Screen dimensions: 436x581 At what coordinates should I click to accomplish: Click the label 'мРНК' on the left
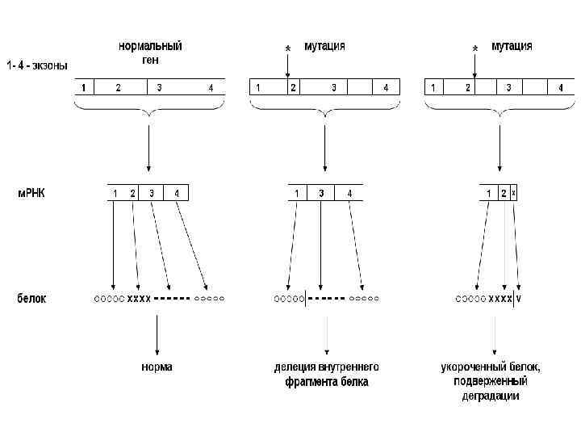(31, 194)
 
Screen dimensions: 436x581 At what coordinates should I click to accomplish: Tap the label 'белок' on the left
(31, 299)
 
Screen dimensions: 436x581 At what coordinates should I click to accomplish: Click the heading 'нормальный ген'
(151, 52)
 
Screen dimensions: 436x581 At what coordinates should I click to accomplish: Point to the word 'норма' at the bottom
(157, 367)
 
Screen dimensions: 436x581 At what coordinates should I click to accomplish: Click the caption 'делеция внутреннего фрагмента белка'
(326, 374)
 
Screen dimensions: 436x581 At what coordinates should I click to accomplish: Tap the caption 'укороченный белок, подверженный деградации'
(491, 381)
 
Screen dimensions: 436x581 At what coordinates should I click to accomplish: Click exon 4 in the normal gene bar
(211, 87)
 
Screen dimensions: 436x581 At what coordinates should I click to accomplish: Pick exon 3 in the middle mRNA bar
(321, 194)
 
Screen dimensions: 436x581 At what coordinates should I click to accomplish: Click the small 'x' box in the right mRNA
(514, 194)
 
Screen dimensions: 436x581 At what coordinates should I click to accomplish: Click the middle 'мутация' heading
(325, 46)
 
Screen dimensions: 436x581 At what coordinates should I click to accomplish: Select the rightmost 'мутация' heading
(512, 46)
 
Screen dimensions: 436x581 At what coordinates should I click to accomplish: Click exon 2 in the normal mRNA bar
(132, 194)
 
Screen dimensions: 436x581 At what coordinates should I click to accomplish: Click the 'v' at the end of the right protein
(519, 299)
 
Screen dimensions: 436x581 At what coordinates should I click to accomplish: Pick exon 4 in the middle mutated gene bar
(386, 87)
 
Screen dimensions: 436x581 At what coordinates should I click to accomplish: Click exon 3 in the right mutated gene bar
(508, 87)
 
